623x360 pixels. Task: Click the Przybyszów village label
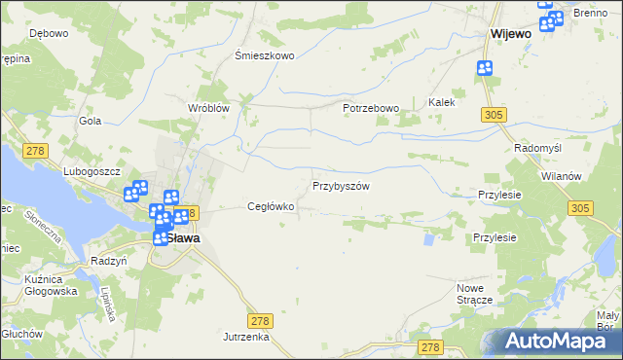pos(341,186)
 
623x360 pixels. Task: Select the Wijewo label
pos(510,33)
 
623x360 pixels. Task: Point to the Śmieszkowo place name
pos(265,55)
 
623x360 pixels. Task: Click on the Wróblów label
pos(208,108)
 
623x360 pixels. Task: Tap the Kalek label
pos(442,101)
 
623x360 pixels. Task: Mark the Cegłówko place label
pos(271,206)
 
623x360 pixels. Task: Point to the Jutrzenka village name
pos(244,336)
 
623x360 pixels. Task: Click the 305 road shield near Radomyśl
pos(494,115)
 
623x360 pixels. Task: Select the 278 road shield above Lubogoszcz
pos(37,150)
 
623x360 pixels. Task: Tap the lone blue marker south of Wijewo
pos(485,67)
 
